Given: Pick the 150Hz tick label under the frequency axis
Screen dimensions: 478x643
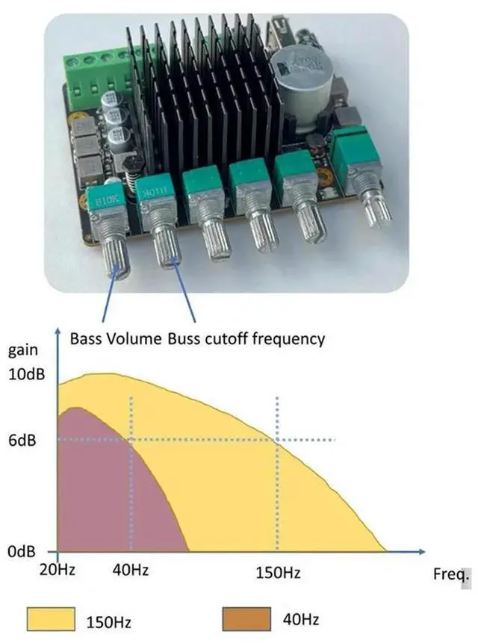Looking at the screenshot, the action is [278, 573].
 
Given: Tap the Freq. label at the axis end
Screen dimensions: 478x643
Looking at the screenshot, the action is [452, 576].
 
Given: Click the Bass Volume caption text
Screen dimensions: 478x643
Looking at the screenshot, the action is [116, 338].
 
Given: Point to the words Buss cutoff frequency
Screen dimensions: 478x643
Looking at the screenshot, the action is [246, 338].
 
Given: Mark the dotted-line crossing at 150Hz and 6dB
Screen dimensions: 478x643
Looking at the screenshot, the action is [278, 440].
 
